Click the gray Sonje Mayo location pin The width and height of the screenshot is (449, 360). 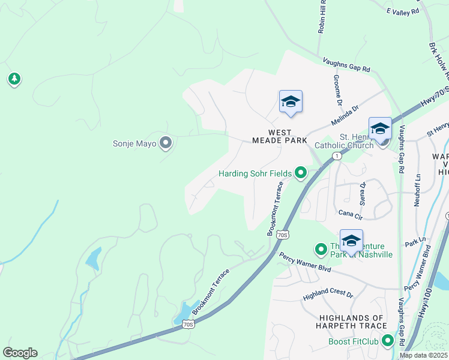(x=166, y=143)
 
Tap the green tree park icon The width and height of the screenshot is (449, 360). (x=14, y=79)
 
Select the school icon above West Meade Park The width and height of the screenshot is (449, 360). (x=291, y=101)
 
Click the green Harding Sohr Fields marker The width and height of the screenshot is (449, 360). (x=300, y=174)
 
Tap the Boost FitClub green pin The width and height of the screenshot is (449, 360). (x=388, y=341)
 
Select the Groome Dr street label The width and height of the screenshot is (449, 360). (x=339, y=88)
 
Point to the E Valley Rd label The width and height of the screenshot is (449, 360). (x=402, y=11)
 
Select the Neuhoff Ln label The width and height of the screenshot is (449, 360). (x=417, y=191)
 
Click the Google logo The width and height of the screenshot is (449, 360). (x=20, y=353)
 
